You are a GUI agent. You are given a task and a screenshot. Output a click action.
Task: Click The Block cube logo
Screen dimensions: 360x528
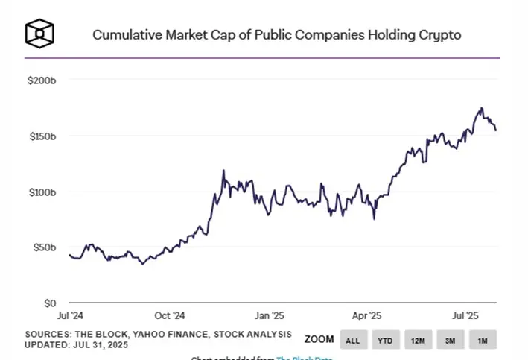39,33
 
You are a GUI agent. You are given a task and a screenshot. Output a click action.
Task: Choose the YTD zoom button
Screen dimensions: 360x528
384,341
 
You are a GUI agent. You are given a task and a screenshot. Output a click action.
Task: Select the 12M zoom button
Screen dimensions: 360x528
418,341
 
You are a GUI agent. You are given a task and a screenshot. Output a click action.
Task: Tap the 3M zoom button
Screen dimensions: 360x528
451,341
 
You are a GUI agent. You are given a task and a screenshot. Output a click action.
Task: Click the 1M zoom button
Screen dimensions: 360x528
483,341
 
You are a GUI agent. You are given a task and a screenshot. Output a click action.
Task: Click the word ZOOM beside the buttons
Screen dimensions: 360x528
319,340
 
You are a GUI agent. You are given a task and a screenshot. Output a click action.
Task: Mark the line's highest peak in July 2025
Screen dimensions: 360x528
481,108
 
